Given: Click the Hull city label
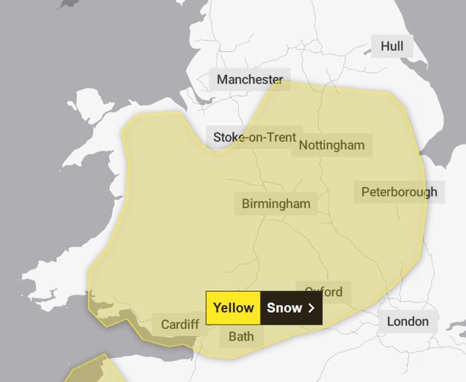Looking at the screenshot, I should coord(392,47).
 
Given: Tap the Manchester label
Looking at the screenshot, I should coord(248,79).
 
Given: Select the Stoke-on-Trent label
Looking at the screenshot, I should coord(254,137).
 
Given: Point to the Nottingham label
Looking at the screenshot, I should coord(331,145).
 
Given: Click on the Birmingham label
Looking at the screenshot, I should coord(276,204).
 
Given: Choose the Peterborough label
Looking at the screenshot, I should coord(399,192).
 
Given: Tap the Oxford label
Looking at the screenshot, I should coord(323,292).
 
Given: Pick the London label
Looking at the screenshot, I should coord(408,322).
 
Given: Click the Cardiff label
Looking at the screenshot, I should coord(179,324).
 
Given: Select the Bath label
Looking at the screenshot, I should coord(241,336).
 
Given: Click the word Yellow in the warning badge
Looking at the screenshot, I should coord(233,308).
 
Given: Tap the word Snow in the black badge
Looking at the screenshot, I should coord(284,308).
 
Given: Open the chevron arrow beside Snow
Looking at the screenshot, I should coord(312,308).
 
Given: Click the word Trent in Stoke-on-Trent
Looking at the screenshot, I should coord(280,137).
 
